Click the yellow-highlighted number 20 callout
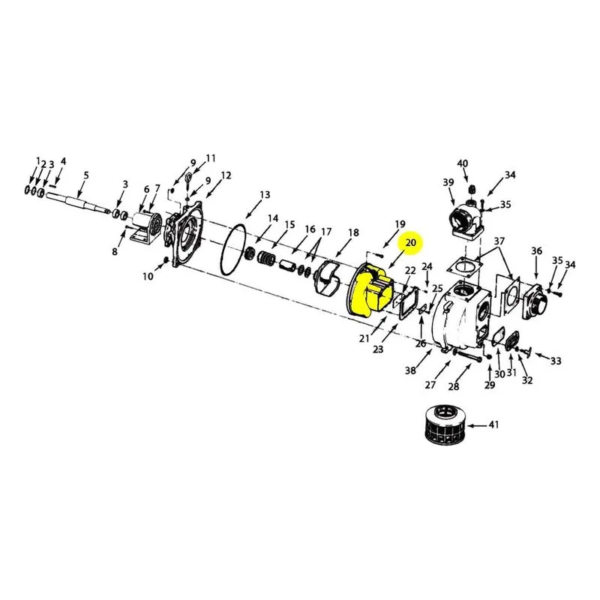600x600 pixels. coord(410,243)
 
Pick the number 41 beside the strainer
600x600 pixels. coord(494,424)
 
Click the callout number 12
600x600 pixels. coord(226,175)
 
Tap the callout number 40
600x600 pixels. coord(463,163)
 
